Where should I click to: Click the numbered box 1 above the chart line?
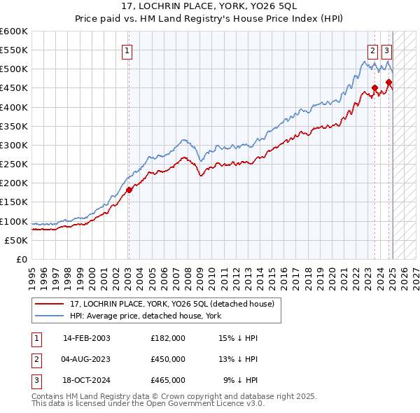click(127, 50)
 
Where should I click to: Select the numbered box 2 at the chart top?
click(372, 50)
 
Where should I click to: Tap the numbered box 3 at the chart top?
click(386, 50)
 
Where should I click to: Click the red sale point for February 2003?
click(129, 190)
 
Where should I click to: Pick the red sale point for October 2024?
click(388, 83)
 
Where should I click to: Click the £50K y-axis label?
click(17, 240)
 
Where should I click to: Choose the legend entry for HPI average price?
click(146, 316)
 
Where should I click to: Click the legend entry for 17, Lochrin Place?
click(176, 303)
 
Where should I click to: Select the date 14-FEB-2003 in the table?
click(87, 338)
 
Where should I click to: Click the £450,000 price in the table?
click(168, 359)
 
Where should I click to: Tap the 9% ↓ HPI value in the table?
click(241, 380)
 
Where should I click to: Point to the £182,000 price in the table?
click(168, 338)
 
